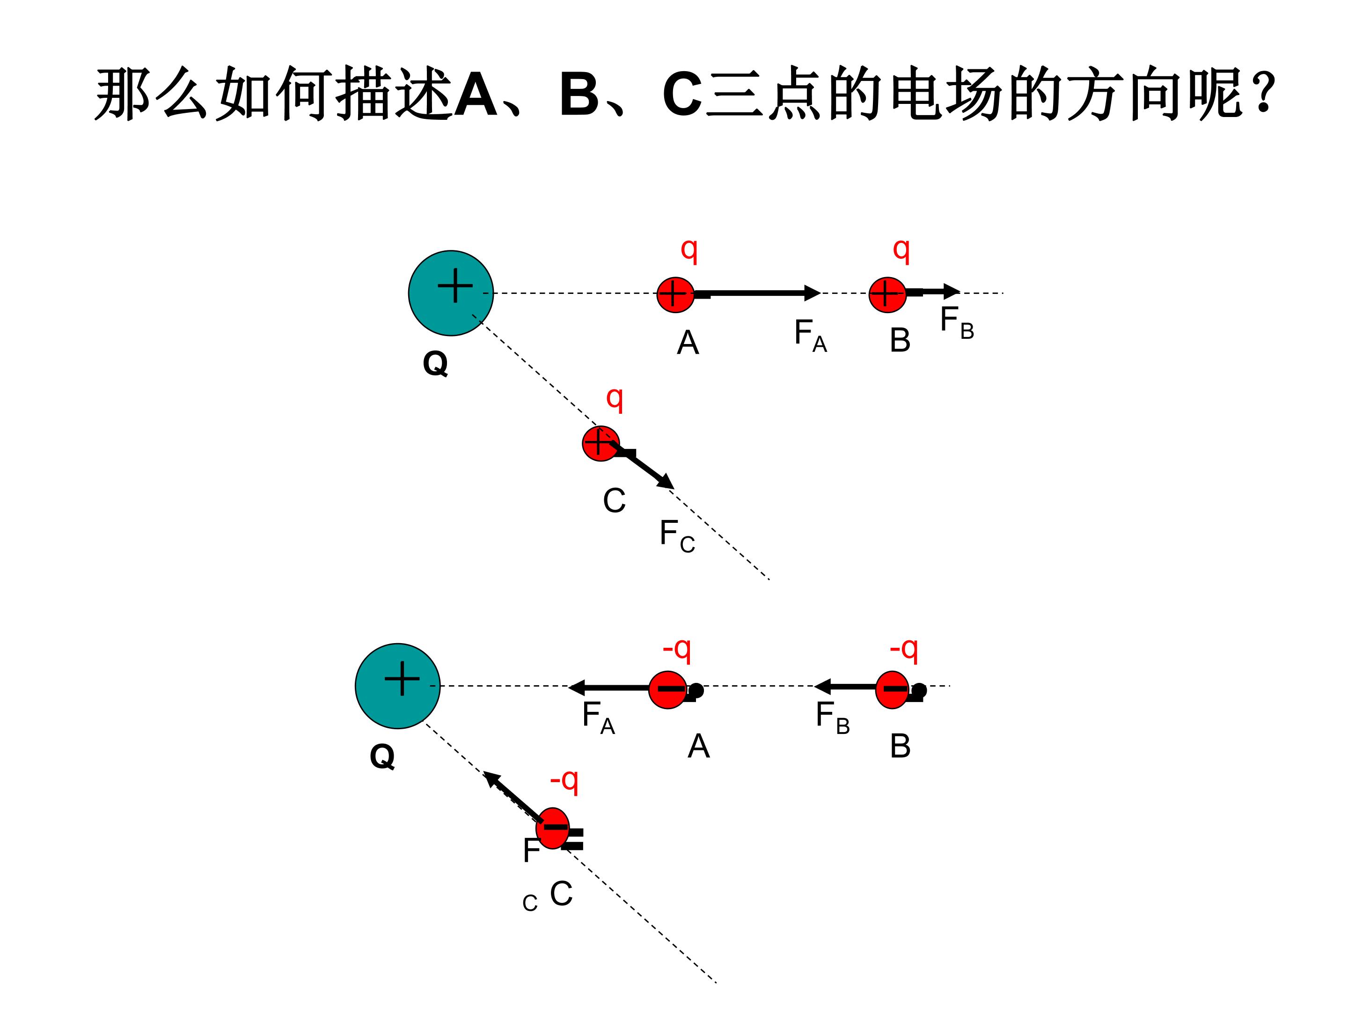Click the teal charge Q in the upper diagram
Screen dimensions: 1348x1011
point(450,293)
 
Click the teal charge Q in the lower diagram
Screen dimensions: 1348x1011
point(397,686)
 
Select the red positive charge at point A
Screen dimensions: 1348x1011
point(675,295)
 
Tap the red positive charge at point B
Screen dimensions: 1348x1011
point(887,295)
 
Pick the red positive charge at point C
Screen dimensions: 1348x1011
point(601,444)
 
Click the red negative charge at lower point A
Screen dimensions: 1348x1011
point(668,690)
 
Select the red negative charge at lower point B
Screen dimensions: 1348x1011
point(893,690)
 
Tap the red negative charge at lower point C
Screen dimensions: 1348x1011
point(553,828)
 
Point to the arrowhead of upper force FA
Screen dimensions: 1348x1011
point(813,293)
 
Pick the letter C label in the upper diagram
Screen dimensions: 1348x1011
point(614,501)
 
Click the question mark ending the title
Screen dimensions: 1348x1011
point(1265,92)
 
